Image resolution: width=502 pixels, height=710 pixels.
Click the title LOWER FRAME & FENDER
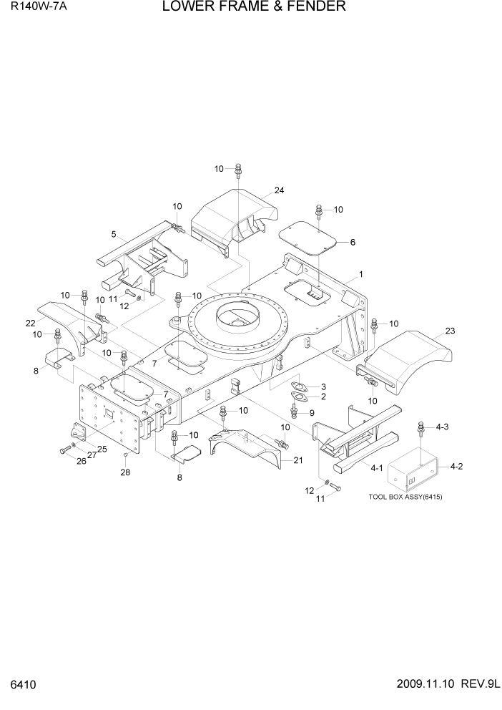[x=254, y=8]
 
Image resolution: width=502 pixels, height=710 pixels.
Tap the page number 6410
[x=21, y=685]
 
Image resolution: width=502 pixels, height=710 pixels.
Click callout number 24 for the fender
[x=279, y=190]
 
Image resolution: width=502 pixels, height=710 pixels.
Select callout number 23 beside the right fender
[x=450, y=331]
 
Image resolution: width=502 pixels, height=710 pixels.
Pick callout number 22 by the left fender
[x=30, y=323]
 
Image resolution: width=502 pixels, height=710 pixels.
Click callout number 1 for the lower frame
[x=361, y=274]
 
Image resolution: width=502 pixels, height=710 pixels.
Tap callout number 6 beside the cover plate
[x=352, y=243]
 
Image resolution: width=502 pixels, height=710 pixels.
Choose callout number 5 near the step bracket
[x=113, y=234]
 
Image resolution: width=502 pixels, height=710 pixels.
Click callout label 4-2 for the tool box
[x=458, y=467]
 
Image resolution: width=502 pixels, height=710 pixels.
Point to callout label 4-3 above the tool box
[x=442, y=427]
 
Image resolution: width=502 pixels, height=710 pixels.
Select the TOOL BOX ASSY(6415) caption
[x=405, y=497]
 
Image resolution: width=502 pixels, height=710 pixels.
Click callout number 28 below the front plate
[x=126, y=473]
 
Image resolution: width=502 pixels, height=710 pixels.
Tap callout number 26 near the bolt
[x=81, y=461]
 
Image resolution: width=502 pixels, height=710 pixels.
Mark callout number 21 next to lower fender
[x=297, y=460]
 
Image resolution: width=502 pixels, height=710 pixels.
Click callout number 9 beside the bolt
[x=312, y=412]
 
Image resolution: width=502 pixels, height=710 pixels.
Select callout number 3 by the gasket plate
[x=323, y=386]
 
